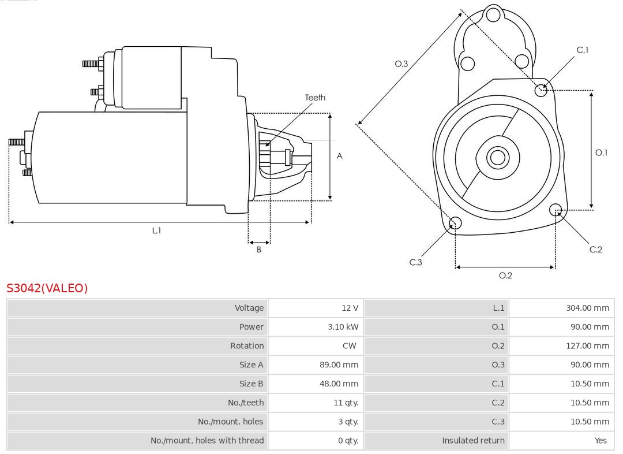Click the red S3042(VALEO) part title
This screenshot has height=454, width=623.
point(47,288)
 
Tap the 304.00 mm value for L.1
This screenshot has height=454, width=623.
point(587,308)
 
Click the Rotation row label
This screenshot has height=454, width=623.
point(247,346)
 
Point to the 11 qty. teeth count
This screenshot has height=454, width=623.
point(346,403)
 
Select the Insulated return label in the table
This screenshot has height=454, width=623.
point(473,440)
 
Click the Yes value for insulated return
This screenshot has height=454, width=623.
point(601,440)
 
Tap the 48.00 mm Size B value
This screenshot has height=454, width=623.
point(343,384)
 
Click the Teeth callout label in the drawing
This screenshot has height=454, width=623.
point(315,98)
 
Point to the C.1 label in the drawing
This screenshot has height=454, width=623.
point(583,50)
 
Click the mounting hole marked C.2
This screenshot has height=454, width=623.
point(556,209)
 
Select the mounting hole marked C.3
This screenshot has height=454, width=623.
point(455,223)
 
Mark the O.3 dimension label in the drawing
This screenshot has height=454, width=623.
point(401,64)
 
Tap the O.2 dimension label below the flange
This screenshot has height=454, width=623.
point(505,276)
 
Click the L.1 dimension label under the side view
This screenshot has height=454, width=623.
point(156,230)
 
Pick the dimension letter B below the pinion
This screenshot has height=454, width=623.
point(259,250)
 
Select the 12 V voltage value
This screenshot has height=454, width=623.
point(350,308)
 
